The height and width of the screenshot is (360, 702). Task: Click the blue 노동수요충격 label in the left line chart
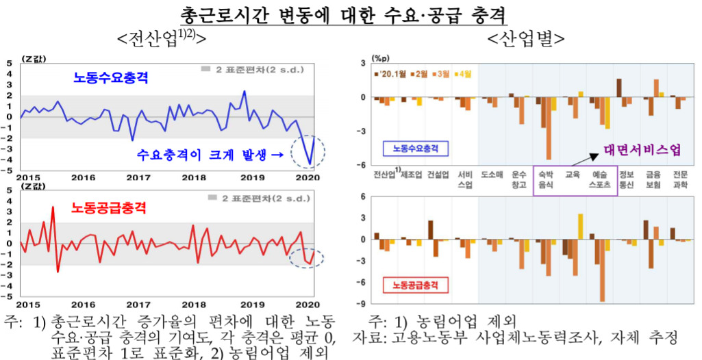pyautogui.click(x=111, y=79)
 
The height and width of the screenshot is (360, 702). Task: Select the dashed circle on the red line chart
pyautogui.click(x=306, y=258)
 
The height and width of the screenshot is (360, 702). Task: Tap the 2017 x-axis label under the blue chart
pyautogui.click(x=138, y=177)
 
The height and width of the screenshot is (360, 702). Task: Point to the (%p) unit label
pyautogui.click(x=379, y=57)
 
